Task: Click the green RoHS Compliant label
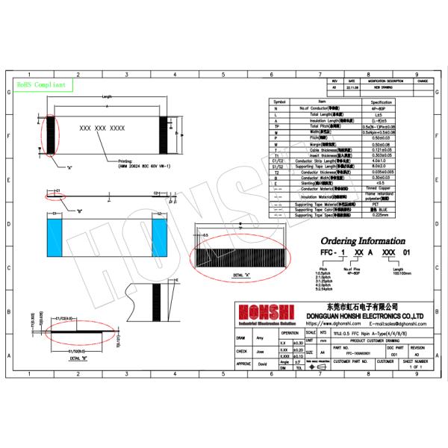pyautogui.click(x=41, y=86)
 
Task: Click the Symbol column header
pyautogui.click(x=279, y=101)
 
